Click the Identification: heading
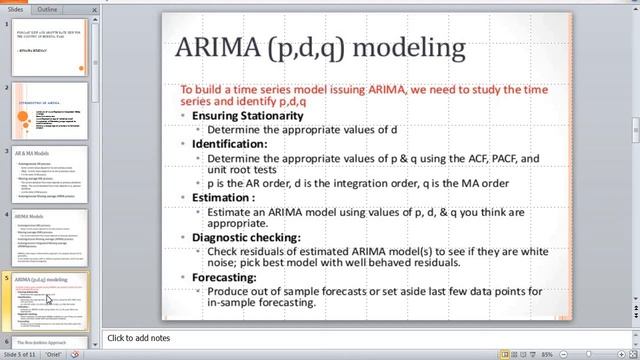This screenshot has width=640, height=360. (x=229, y=144)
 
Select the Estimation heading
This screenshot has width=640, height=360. (x=226, y=199)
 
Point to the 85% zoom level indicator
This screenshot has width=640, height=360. (x=548, y=354)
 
